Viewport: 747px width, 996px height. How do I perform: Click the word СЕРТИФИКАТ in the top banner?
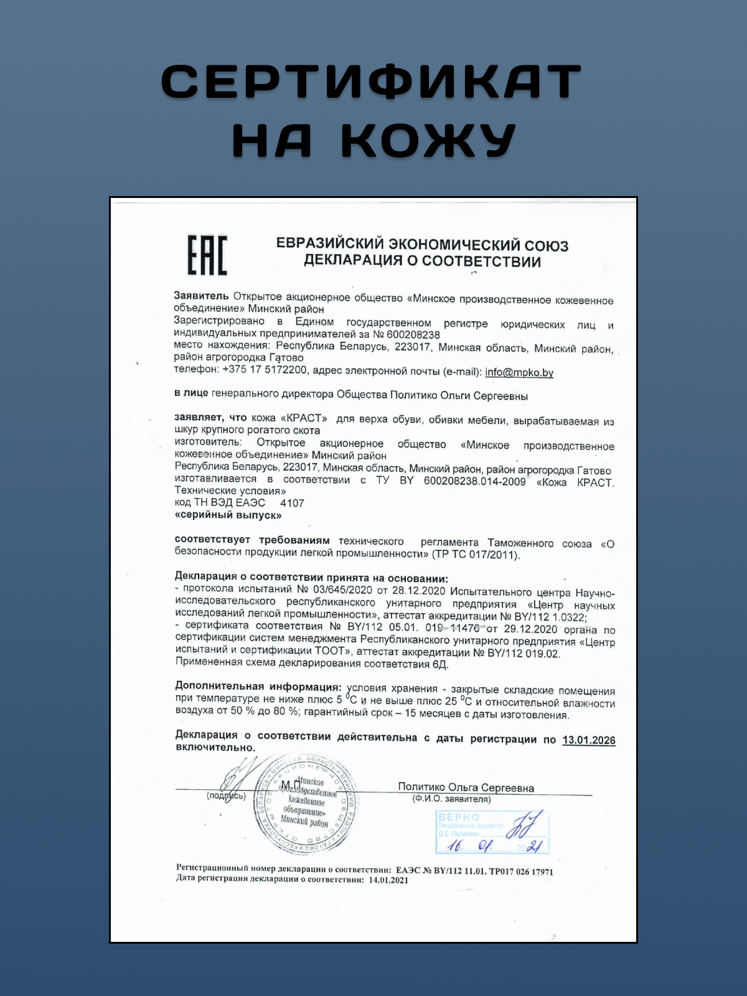(x=371, y=81)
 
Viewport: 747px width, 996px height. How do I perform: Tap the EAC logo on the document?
(x=207, y=255)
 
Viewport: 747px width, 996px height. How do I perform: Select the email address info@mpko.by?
(x=519, y=372)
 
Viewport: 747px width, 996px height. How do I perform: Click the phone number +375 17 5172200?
(x=265, y=369)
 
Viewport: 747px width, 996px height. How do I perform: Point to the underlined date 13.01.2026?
(x=588, y=740)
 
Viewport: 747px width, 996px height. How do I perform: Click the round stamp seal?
(x=306, y=804)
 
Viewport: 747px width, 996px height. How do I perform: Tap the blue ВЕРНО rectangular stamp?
(x=492, y=832)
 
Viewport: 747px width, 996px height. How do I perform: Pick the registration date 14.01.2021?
(x=388, y=880)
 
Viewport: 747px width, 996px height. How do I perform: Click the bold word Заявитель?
(x=201, y=296)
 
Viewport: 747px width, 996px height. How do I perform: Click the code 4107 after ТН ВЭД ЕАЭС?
(x=292, y=503)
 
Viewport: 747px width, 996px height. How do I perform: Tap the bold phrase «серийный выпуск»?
(x=228, y=515)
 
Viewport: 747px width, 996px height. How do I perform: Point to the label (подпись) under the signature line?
(x=226, y=796)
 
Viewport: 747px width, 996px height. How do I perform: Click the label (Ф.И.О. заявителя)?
(x=451, y=799)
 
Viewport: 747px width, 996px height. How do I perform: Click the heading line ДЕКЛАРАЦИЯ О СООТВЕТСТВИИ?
(x=422, y=261)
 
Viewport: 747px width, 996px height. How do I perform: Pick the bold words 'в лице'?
(x=191, y=393)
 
